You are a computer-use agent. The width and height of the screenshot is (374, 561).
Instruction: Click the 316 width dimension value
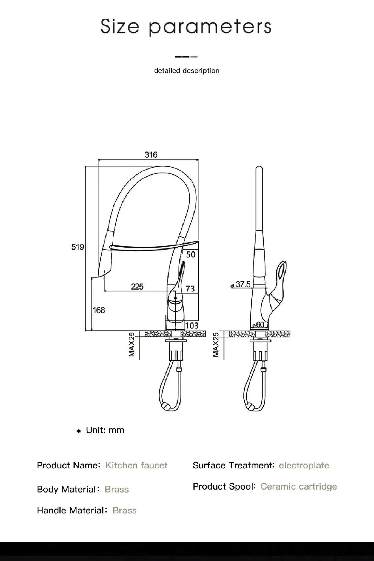point(151,155)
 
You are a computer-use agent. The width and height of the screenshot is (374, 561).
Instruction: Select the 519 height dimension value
point(78,247)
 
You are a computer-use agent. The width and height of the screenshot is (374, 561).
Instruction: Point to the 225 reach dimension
point(137,287)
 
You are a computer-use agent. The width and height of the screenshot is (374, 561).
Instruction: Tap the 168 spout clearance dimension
point(99,310)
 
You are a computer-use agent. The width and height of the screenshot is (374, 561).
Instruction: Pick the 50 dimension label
point(191,255)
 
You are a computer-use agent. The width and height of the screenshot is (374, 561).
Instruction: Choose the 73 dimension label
point(190,288)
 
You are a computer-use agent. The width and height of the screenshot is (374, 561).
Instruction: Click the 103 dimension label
point(192,325)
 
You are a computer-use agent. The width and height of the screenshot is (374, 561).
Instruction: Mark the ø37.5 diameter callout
point(241,285)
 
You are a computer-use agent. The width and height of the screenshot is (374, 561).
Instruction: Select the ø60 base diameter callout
point(258,325)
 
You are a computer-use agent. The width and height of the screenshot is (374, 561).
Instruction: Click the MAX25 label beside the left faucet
point(132,344)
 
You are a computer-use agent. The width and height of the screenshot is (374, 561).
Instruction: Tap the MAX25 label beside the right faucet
point(216,344)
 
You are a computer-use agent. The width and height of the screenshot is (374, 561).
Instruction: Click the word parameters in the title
point(210,27)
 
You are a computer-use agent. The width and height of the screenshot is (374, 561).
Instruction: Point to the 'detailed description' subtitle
point(187,71)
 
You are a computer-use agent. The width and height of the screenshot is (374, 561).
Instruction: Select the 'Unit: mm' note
point(105,430)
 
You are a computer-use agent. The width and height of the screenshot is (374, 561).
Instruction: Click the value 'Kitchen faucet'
point(136,465)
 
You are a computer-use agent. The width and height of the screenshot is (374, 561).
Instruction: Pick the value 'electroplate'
point(304,465)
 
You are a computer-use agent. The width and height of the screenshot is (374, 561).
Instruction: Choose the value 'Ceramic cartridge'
point(299,486)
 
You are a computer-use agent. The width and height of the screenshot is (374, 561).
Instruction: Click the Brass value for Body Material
point(117,489)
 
